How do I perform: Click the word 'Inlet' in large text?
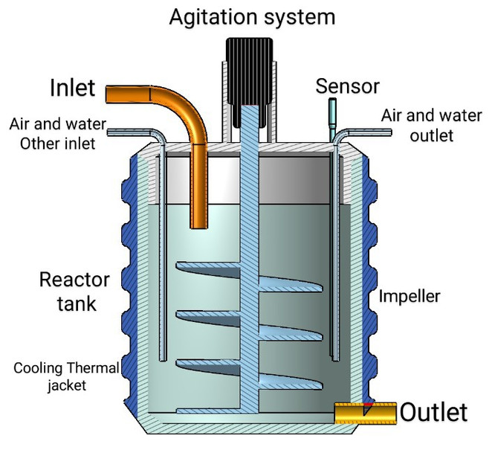[73, 88]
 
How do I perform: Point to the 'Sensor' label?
[347, 86]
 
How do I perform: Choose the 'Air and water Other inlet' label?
[57, 133]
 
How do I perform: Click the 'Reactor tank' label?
[74, 292]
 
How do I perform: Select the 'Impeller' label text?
[410, 297]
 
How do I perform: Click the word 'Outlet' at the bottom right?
[435, 412]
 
